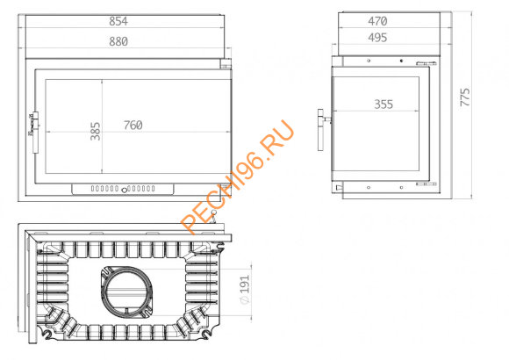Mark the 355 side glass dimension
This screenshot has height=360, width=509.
(x=383, y=104)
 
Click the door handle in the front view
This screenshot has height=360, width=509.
(x=33, y=129)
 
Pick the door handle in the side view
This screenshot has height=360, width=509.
(x=324, y=118)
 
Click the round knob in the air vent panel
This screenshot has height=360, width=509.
(x=125, y=189)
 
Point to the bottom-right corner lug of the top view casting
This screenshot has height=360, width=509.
(x=209, y=335)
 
